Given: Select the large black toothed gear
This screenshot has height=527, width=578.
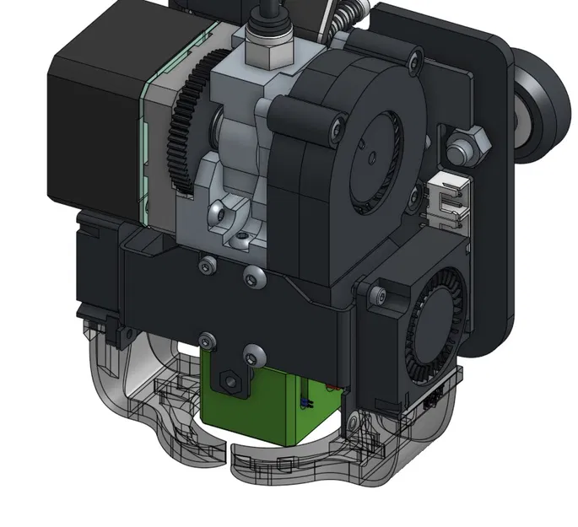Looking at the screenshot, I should point(182,135).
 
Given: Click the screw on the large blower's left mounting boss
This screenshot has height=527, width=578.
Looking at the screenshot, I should point(337,129).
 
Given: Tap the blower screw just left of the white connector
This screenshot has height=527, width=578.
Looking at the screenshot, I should point(413,196).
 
